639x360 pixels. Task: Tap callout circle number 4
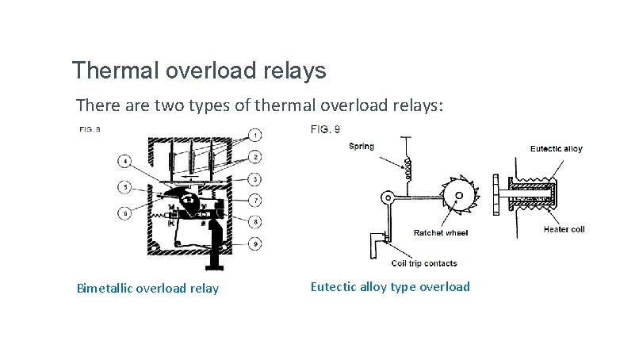[x=125, y=163]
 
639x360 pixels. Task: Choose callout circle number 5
[x=125, y=188]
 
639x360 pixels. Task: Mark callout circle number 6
[x=125, y=212]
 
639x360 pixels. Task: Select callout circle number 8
[x=256, y=221]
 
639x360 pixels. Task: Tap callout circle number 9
[x=256, y=245]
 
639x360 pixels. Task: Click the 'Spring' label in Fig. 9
[x=362, y=147]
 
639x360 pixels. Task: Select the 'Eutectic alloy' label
[x=556, y=149]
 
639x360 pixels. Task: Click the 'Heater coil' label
[x=564, y=229]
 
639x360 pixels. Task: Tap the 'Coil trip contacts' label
[x=424, y=263]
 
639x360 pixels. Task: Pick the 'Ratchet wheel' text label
[x=441, y=233]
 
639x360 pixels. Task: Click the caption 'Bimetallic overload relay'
[x=147, y=288]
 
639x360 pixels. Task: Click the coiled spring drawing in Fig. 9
[x=410, y=168]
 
